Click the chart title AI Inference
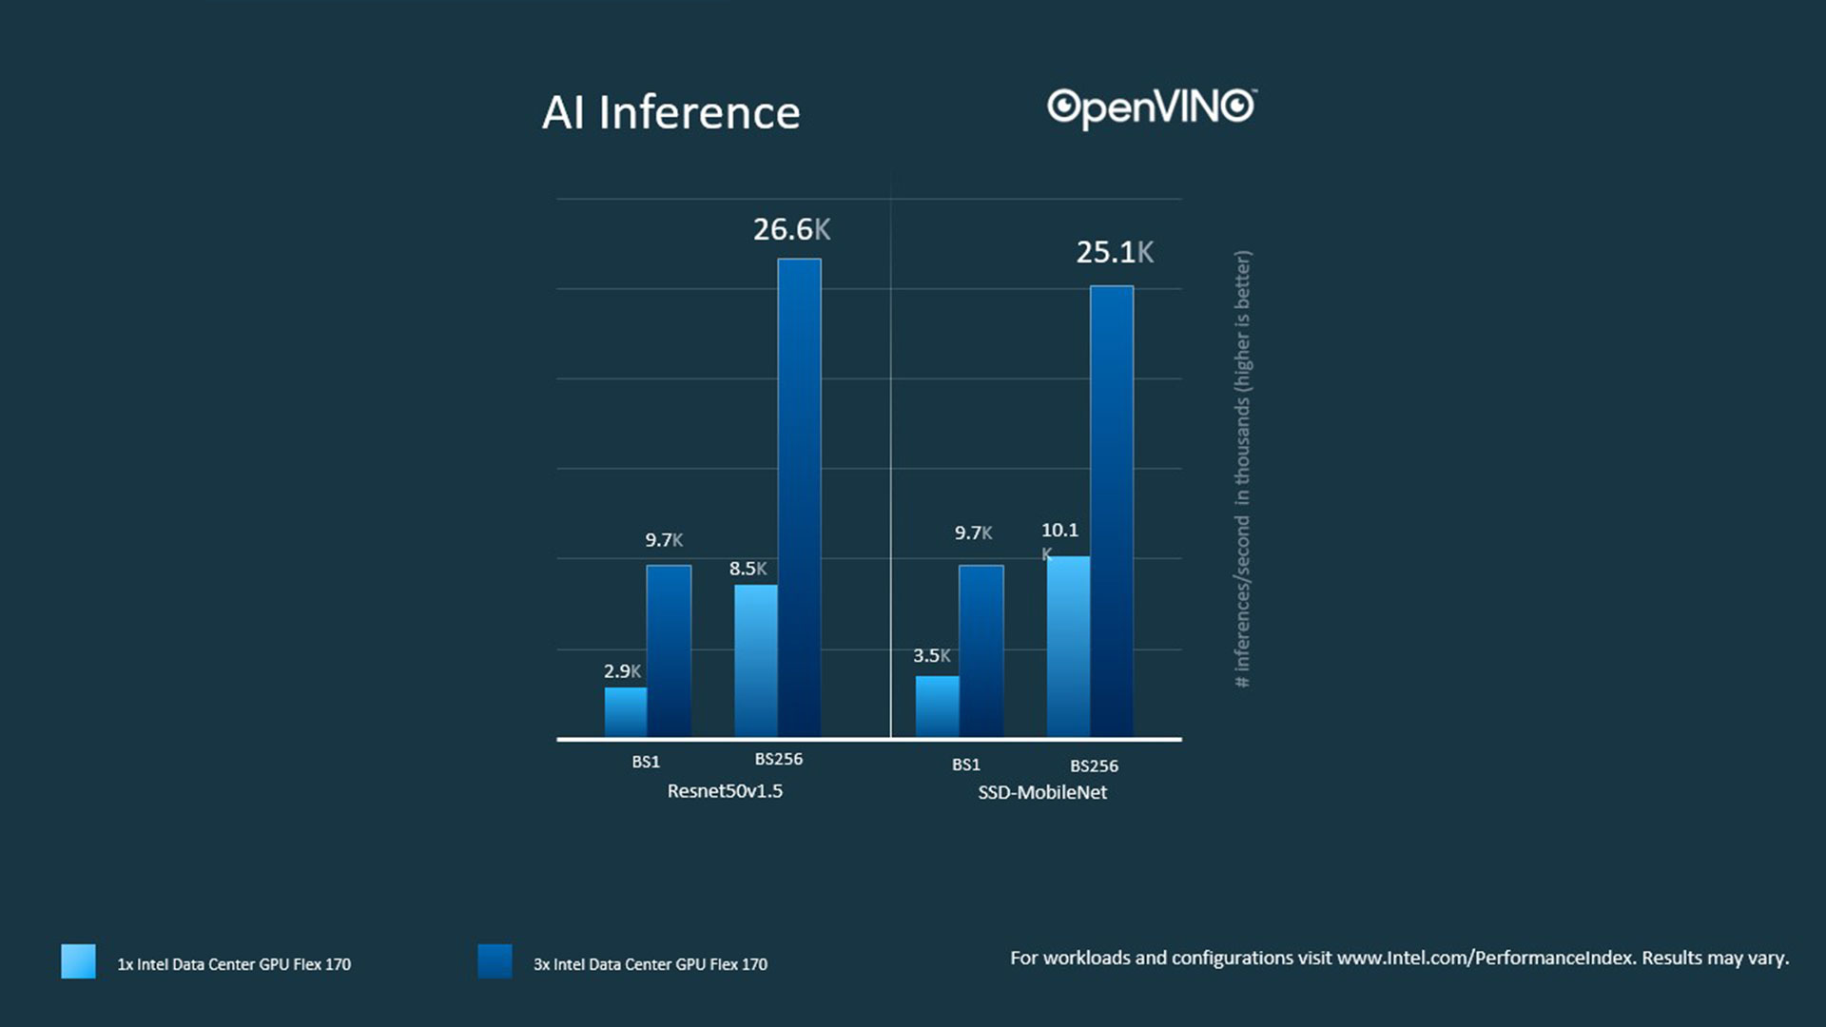[x=670, y=113]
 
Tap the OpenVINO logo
[x=1151, y=107]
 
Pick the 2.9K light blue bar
[x=626, y=711]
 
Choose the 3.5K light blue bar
[x=937, y=706]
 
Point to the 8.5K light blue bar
[x=756, y=660]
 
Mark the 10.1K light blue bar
[x=1068, y=647]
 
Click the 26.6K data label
[x=791, y=229]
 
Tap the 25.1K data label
[x=1115, y=252]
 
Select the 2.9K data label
[x=622, y=671]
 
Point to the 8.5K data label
[x=748, y=569]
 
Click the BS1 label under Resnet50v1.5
[x=646, y=762]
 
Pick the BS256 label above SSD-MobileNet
[x=1094, y=765]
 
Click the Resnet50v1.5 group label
[x=725, y=791]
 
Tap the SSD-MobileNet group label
[x=1042, y=792]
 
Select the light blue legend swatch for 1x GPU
[x=78, y=961]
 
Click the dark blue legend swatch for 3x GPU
[x=495, y=961]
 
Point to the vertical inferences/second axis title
[x=1243, y=469]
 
